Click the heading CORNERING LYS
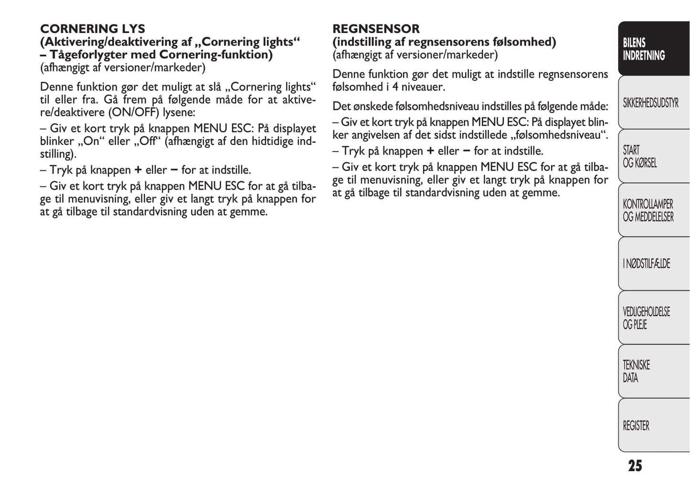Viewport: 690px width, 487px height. coord(93,29)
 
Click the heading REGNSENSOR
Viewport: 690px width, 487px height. coord(376,29)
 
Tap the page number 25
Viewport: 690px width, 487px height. coord(635,466)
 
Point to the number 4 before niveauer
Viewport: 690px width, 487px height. coord(395,87)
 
